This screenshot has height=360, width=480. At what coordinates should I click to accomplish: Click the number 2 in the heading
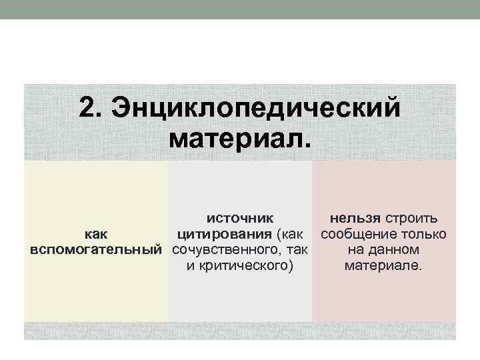[x=87, y=107]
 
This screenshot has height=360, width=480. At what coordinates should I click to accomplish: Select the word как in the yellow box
[x=96, y=235]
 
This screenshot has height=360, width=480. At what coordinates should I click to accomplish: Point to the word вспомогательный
[x=96, y=249]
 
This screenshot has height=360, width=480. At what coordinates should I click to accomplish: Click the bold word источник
[x=240, y=219]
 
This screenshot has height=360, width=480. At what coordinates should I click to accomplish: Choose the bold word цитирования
[x=225, y=235]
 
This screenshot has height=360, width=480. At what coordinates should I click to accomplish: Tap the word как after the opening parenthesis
[x=292, y=235]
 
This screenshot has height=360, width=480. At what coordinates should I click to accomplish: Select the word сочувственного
[x=225, y=250]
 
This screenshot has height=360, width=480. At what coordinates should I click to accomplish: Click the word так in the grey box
[x=297, y=250]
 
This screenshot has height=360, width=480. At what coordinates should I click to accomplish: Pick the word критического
[x=244, y=265]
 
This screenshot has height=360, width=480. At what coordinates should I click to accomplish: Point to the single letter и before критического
[x=191, y=265]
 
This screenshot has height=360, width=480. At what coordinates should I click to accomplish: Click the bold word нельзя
[x=355, y=219]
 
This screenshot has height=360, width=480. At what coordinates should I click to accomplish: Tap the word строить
[x=411, y=219]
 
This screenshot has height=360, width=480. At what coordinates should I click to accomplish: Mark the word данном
[x=393, y=250]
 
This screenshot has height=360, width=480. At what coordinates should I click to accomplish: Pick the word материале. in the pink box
[x=383, y=265]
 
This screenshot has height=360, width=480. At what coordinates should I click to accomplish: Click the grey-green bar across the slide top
[x=240, y=9]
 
